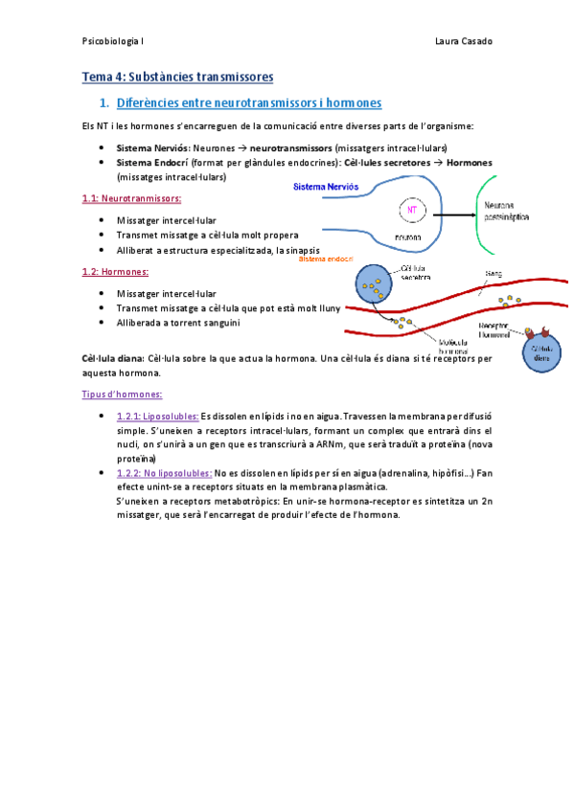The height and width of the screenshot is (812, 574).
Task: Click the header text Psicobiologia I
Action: [113, 41]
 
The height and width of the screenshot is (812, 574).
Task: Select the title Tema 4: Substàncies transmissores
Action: [177, 76]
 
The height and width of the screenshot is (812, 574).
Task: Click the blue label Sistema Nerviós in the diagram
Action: [330, 188]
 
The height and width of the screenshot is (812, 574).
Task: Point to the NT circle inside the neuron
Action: [412, 209]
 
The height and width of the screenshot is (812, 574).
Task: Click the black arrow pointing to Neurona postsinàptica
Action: [455, 211]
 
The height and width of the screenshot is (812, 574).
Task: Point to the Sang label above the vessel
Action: [494, 274]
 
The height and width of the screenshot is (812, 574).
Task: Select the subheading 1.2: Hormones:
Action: [115, 272]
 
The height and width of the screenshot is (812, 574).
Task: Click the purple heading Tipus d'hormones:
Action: [123, 394]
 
